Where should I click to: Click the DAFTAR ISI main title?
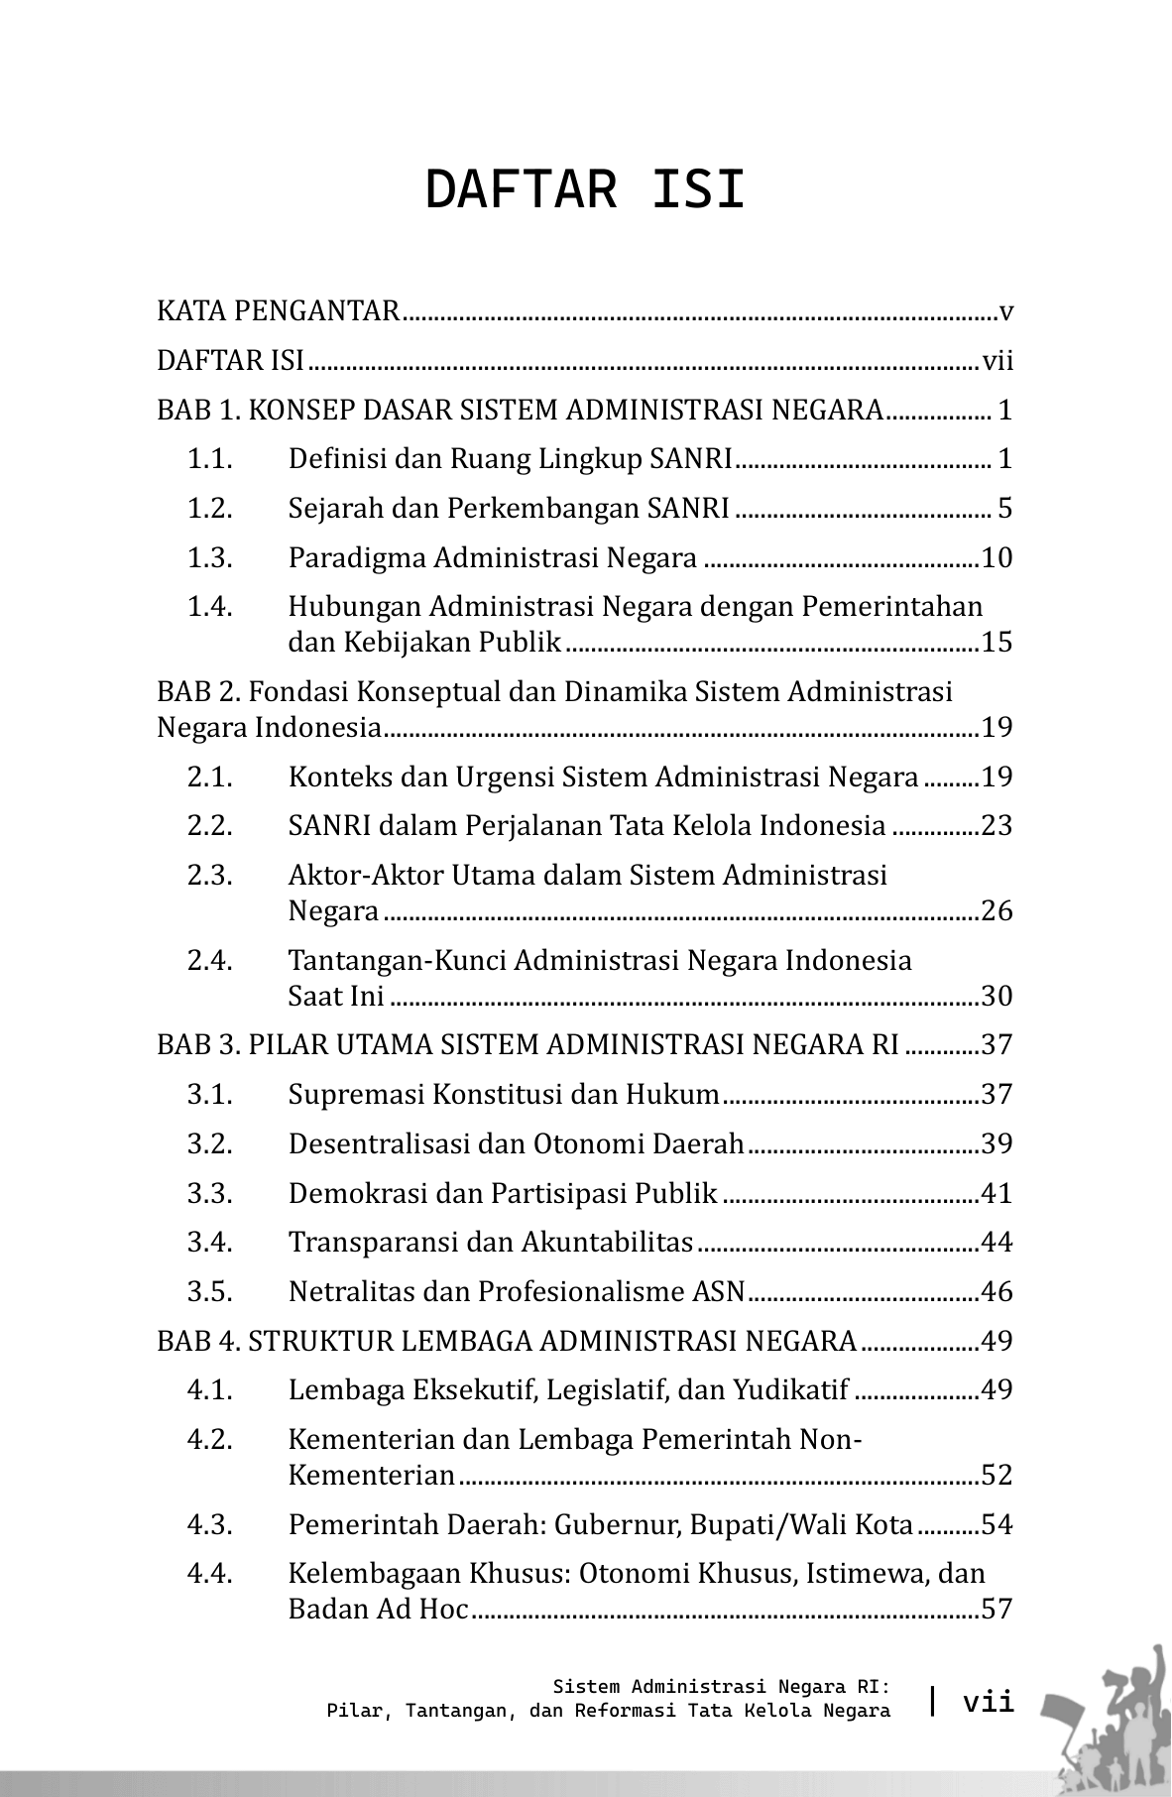[585, 190]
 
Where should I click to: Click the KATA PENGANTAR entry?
[278, 311]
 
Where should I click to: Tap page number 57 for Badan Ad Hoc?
[996, 1609]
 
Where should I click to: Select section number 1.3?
[210, 558]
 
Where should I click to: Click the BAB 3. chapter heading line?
[527, 1045]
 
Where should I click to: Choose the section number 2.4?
[210, 960]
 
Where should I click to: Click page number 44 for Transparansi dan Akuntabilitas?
[996, 1242]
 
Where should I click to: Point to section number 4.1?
[210, 1389]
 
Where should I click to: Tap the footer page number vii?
[989, 1702]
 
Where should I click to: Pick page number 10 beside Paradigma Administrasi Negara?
[996, 558]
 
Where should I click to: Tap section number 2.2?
[210, 825]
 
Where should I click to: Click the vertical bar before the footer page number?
[932, 1701]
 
